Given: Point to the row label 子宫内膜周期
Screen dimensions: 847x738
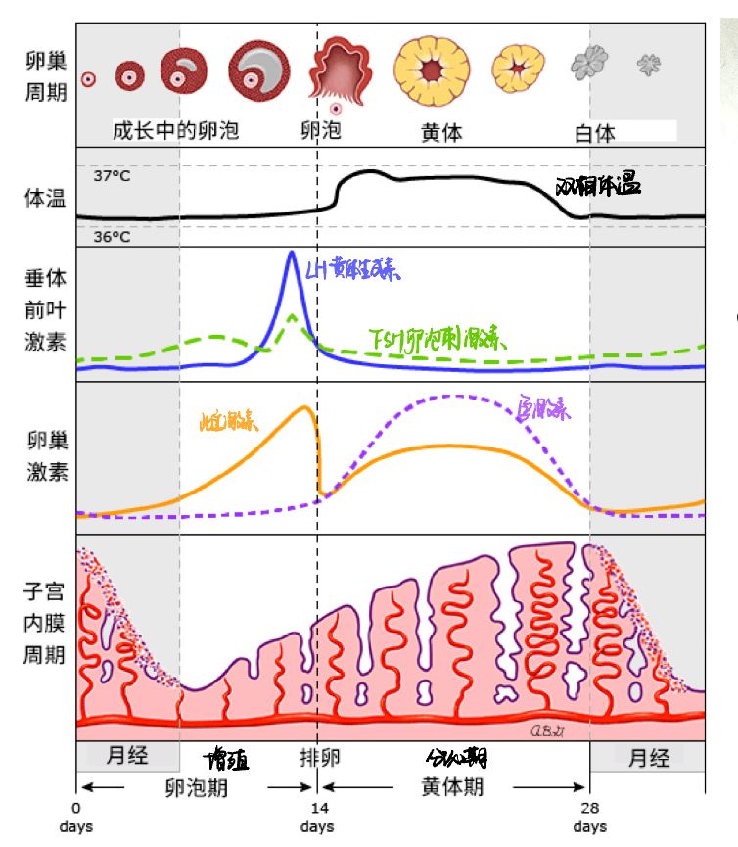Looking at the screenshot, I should coord(47,624).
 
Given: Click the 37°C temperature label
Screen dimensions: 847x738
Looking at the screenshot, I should coord(112,177).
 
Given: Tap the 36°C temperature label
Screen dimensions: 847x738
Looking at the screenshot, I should coord(112,236).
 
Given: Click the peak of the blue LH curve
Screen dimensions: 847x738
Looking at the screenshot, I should coord(291,254).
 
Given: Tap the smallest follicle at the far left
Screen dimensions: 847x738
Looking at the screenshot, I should coord(88,79).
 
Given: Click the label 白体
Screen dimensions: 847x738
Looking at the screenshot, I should coord(594,133).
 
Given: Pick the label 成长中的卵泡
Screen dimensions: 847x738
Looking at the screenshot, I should coord(175,130).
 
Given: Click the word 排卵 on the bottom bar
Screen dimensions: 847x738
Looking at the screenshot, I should coord(319,758).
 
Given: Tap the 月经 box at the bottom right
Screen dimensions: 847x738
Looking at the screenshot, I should coord(648,758).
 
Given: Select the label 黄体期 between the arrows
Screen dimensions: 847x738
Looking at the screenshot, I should coord(452,787).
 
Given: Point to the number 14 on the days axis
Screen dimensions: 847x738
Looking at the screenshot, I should coord(318,809).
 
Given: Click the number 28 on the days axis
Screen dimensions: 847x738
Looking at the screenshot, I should coord(589,809).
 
